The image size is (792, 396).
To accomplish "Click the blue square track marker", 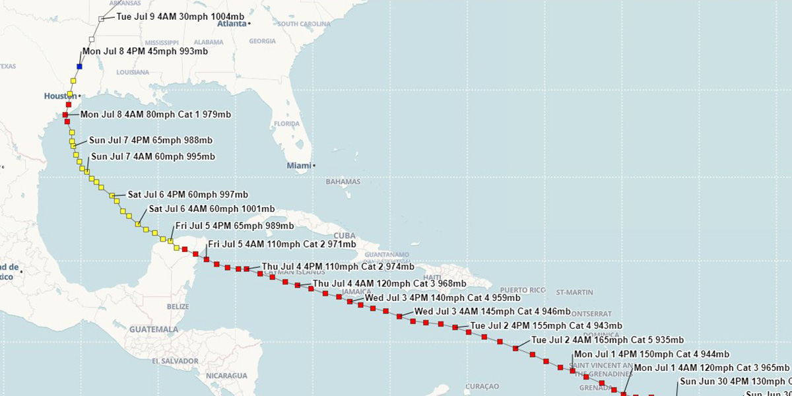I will pos(80,66).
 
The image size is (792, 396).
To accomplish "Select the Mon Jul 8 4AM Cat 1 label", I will pos(156,114).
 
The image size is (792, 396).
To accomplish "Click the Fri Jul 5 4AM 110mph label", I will pos(282,244).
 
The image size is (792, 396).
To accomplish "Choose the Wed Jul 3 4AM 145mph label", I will pos(492,312).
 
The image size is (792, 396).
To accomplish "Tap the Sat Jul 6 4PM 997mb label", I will pos(188,194).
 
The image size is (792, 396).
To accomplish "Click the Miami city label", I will pos(298,165).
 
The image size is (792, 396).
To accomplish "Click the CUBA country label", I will pos(345,236).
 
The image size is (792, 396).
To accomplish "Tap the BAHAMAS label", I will pos(343,181).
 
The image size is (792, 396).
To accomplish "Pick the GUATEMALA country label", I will pos(154,329).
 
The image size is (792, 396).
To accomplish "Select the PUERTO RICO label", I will pos(523,290).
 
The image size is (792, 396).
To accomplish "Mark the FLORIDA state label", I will pos(286,123).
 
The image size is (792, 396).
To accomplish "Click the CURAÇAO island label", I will pos(482,386).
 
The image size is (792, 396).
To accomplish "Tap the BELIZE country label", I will pos(178,306).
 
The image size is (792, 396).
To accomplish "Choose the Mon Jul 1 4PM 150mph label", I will pos(652,354).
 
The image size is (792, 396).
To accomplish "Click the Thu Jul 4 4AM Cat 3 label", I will pos(389,284).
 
